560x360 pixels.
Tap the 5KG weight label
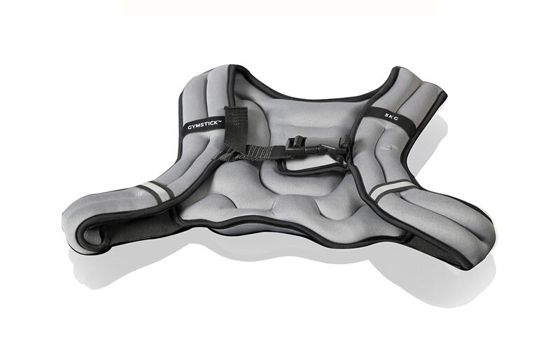pyautogui.click(x=391, y=116)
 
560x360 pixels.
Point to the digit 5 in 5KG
pyautogui.click(x=386, y=115)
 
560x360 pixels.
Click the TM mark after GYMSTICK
pyautogui.click(x=220, y=121)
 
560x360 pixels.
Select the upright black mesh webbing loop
pyautogui.click(x=235, y=127)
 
